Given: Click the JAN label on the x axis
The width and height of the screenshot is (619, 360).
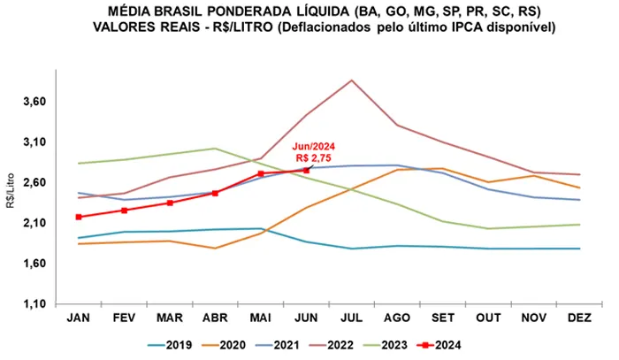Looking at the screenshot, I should pos(78,317).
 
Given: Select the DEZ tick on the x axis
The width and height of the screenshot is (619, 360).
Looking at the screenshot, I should pos(580,317).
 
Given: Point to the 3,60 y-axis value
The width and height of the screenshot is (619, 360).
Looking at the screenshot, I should pos(32,102).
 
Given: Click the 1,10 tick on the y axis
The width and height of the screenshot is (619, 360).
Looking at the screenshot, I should pos(32,304).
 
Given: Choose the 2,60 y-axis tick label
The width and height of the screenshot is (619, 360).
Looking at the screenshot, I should pos(32,182).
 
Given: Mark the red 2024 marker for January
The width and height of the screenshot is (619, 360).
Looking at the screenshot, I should pos(79,217).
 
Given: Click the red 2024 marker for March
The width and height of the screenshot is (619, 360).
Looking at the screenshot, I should pos(170,203).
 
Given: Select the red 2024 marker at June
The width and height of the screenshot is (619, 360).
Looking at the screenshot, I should pos(307,170).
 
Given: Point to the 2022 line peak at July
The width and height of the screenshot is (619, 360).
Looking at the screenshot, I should pos(352,80).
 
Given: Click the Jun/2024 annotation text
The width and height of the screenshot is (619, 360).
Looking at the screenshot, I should pos(313,147).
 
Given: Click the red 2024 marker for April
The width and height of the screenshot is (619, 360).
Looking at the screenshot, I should pos(215,193).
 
